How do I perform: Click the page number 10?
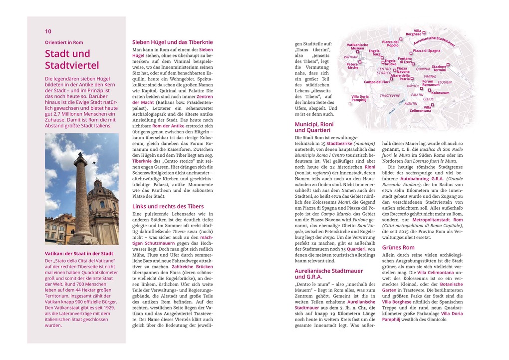(x=48, y=31)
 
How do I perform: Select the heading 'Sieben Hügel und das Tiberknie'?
(x=172, y=42)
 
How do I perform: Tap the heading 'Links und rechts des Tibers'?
(x=168, y=206)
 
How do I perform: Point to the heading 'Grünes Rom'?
(x=398, y=247)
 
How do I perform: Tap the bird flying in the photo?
(x=94, y=162)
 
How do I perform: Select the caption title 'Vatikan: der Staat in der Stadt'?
(x=79, y=253)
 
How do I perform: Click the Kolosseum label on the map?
(x=440, y=93)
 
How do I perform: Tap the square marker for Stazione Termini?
(x=448, y=64)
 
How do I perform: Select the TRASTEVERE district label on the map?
(x=390, y=95)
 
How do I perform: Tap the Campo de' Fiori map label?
(x=376, y=82)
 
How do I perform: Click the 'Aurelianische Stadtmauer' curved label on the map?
(x=434, y=39)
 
